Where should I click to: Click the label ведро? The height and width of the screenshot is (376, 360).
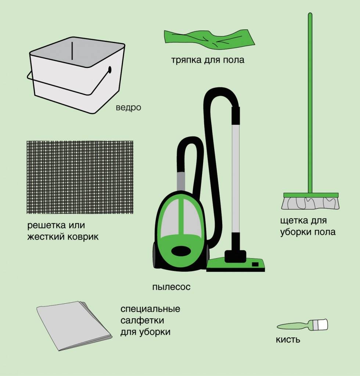click(128, 108)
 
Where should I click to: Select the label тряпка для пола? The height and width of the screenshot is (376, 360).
click(208, 60)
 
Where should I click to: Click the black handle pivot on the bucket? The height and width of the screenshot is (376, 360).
click(110, 70)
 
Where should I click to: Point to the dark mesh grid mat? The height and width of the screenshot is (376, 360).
click(80, 177)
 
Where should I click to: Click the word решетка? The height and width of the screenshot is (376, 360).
click(47, 225)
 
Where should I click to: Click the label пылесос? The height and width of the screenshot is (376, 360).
click(172, 287)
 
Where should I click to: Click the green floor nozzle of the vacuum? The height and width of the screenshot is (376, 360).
click(235, 265)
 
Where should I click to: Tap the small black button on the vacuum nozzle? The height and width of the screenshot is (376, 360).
click(255, 264)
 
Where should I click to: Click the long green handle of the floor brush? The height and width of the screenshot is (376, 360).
click(310, 103)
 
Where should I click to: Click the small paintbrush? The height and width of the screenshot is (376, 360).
click(302, 325)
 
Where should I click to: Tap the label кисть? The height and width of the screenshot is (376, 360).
click(288, 340)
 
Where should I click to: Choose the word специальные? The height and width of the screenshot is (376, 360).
click(150, 309)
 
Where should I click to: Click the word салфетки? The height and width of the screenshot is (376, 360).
click(142, 320)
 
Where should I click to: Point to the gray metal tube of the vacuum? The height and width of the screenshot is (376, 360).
click(235, 179)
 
